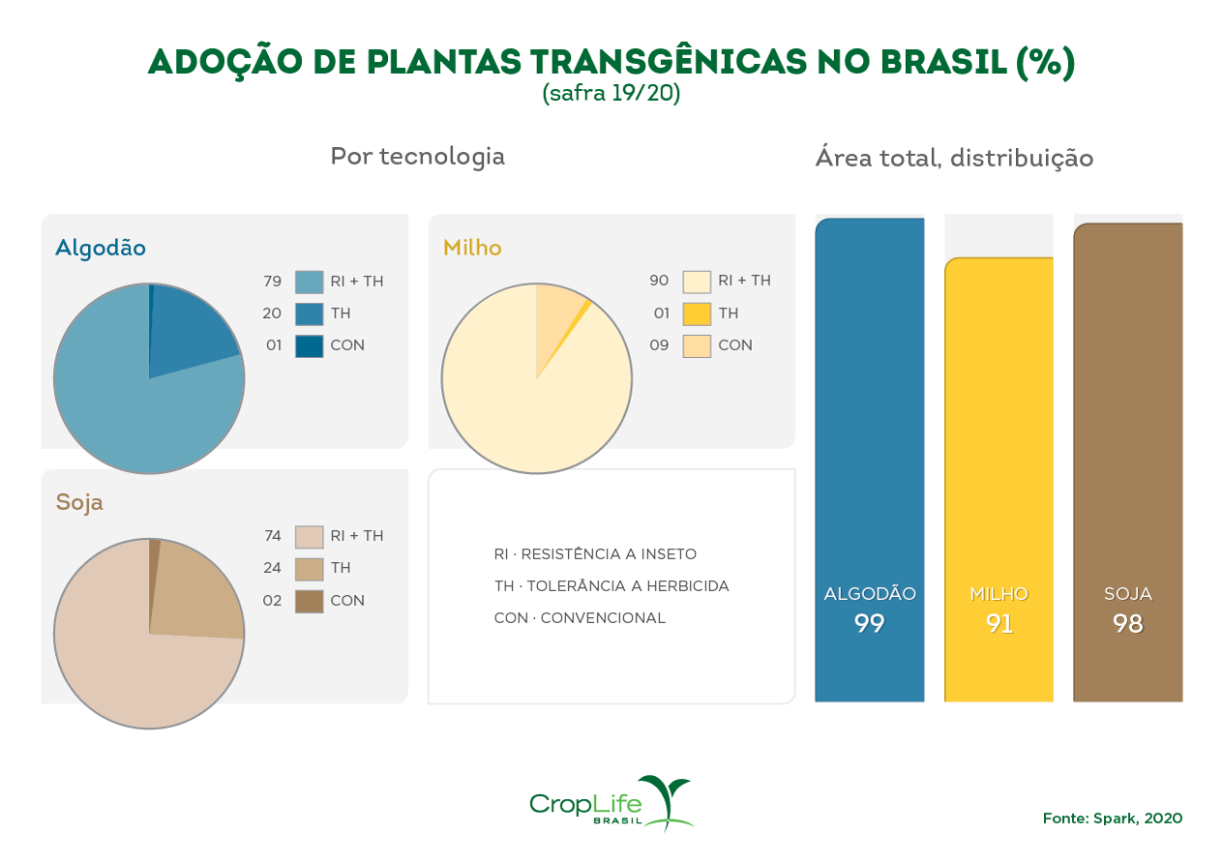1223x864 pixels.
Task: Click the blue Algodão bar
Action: tap(869, 435)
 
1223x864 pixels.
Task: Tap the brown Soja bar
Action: tap(1128, 435)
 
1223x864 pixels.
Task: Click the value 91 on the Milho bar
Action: tap(999, 624)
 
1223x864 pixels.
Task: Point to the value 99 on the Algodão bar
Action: tap(870, 624)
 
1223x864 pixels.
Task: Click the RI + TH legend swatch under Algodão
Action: tap(309, 282)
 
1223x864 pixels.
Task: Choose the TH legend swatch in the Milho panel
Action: tap(697, 313)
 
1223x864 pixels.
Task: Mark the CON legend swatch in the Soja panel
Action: tap(309, 601)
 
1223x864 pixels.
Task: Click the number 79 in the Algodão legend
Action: tap(272, 282)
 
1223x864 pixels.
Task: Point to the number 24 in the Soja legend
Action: tap(272, 568)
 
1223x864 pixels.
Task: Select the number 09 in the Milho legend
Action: tap(659, 345)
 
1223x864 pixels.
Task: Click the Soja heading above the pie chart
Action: tap(79, 502)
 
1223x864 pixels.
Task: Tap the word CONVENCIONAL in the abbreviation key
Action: tap(603, 618)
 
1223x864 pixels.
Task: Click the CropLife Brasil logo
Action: tap(611, 803)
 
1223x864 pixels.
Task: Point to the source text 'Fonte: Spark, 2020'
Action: tap(1112, 819)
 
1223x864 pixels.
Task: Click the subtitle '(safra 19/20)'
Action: tap(611, 94)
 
